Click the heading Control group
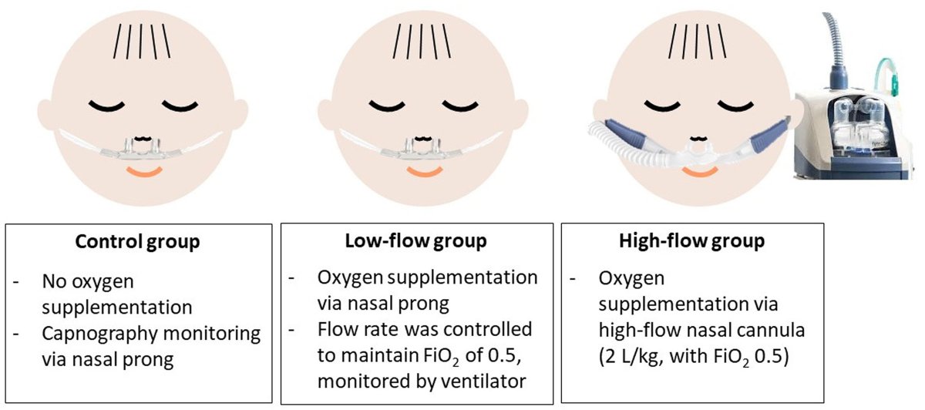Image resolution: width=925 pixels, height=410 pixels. (137, 242)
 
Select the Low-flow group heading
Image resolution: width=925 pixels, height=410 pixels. (415, 242)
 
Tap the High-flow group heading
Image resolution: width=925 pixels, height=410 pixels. (692, 242)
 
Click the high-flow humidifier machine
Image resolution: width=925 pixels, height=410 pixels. (859, 131)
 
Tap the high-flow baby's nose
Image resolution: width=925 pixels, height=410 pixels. (698, 143)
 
